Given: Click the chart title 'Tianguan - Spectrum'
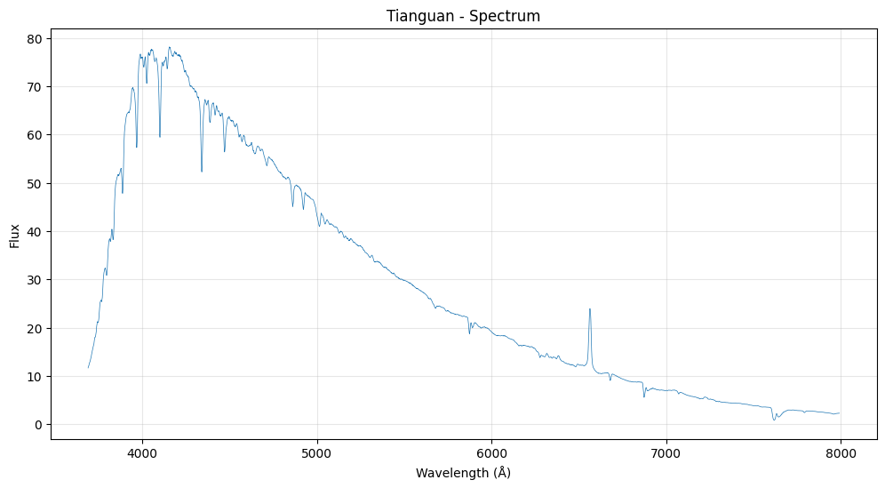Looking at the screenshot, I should (463, 16).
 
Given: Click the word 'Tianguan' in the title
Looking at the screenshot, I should (415, 16).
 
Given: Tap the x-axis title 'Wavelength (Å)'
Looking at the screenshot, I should (463, 473).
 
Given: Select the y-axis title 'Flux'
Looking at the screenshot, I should (15, 236).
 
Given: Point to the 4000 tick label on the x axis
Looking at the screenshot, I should (142, 453).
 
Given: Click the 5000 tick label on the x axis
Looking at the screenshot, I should (317, 453).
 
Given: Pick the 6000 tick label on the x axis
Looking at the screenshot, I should (491, 453).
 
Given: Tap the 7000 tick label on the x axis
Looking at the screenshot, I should (666, 453).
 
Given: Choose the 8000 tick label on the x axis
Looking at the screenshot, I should (841, 453).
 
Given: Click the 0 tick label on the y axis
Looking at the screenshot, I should (38, 425).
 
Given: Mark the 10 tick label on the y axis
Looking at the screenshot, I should (35, 377).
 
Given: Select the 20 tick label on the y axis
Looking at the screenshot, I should (35, 328).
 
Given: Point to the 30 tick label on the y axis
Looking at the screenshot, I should (35, 280).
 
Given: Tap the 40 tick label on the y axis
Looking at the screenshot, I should (35, 232).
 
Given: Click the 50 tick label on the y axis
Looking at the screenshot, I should (35, 183).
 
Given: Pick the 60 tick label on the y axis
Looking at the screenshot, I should (35, 135).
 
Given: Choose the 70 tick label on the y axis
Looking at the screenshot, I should (35, 87).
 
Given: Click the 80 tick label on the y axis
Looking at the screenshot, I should (35, 38).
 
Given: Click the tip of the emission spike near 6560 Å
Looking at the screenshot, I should (589, 309).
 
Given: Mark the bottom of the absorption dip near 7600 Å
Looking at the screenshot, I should (774, 420).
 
